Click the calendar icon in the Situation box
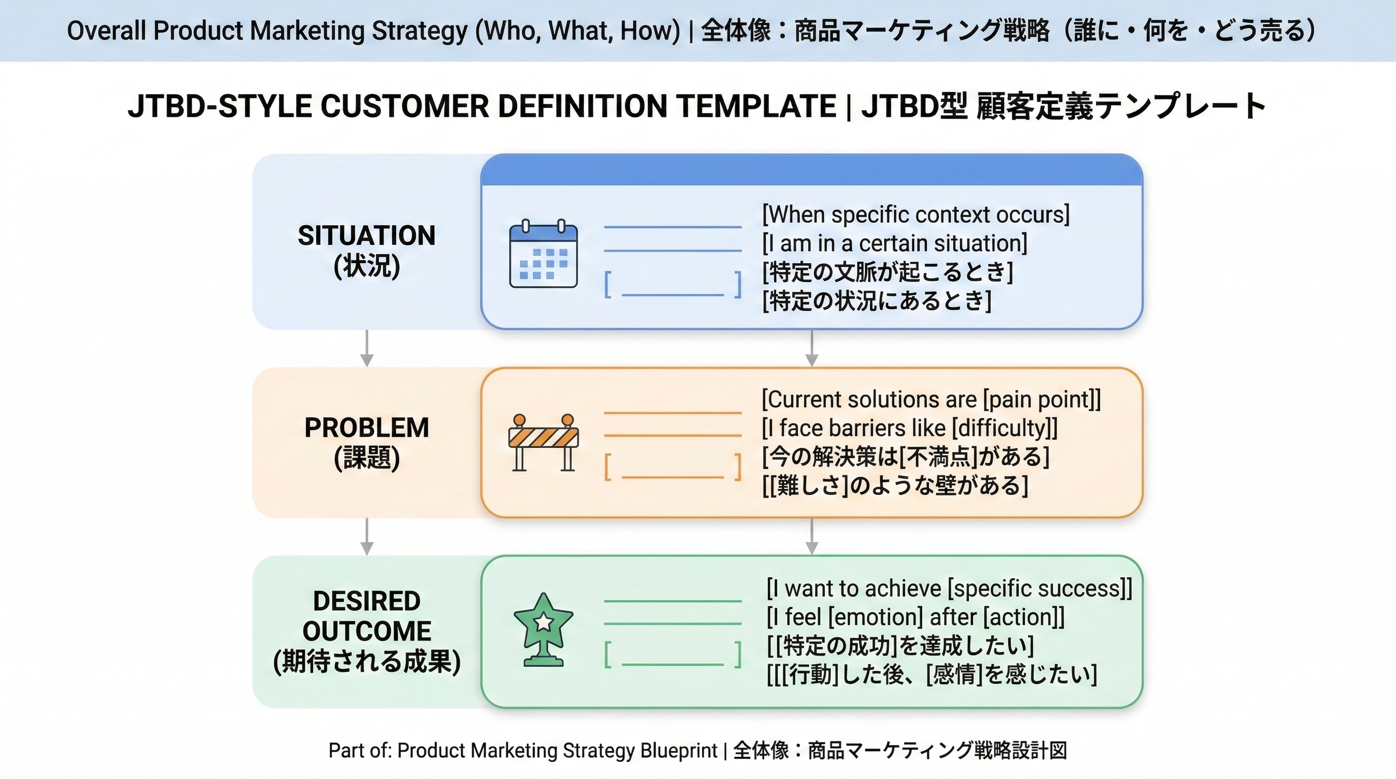point(544,254)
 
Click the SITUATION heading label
point(367,236)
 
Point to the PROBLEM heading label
point(367,428)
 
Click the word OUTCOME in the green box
point(367,631)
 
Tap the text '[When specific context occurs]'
point(916,215)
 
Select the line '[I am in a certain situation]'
point(895,243)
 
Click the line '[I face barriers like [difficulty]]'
point(910,428)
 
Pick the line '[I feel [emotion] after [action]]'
point(916,617)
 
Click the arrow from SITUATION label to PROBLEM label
point(367,348)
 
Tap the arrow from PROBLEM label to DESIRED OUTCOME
point(367,536)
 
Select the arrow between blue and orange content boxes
point(811,348)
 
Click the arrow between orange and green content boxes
point(811,536)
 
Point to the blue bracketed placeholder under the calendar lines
point(673,285)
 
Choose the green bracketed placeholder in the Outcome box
point(673,654)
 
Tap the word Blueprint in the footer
point(679,751)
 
